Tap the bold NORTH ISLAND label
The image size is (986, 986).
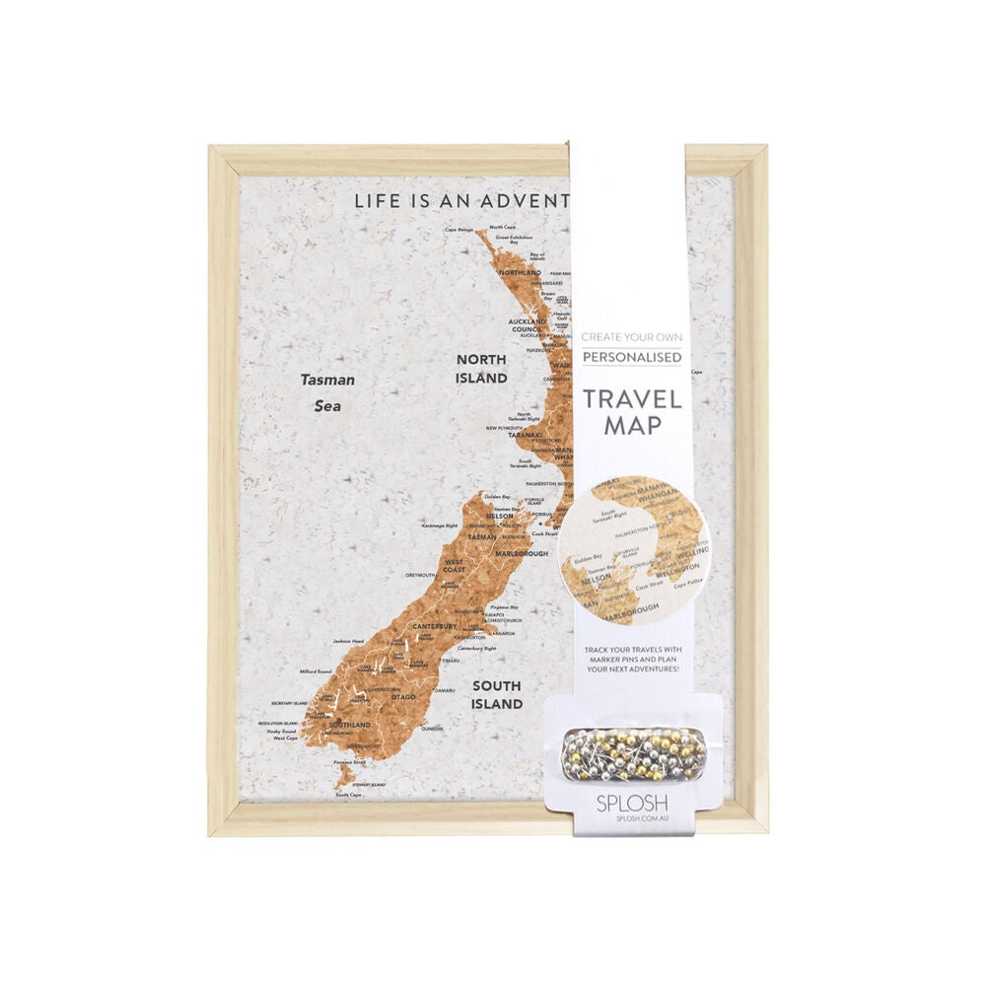pos(481,369)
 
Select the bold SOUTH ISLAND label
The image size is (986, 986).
pos(497,695)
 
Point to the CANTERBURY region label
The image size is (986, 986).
pos(435,626)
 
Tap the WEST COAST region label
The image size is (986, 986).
pos(454,565)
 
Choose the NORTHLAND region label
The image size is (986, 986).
pos(521,272)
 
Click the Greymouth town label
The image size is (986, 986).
pos(421,575)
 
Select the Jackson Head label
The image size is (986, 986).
pos(348,642)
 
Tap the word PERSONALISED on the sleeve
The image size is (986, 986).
pos(631,357)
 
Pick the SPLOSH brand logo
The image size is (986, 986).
pos(630,803)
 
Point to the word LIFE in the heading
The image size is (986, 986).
pos(379,201)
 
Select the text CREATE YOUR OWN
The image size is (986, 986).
pos(631,337)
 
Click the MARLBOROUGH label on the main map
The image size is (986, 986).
pos(521,554)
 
